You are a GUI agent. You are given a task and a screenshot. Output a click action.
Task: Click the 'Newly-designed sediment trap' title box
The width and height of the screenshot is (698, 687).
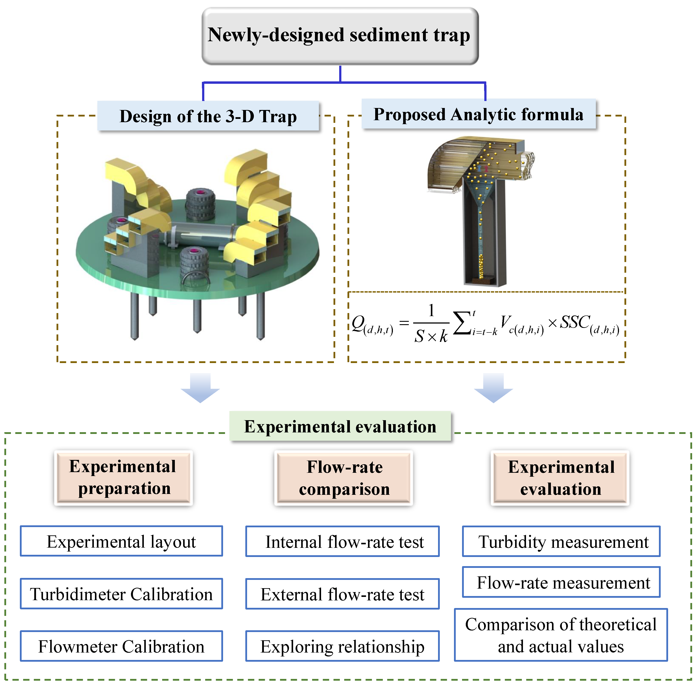tap(340, 36)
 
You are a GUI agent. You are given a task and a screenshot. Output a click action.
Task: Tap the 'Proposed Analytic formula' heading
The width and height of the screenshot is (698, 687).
tap(478, 114)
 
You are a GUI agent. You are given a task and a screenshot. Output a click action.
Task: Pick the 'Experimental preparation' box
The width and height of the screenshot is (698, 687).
tap(123, 477)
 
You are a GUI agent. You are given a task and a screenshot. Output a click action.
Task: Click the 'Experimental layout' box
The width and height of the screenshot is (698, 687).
tap(121, 541)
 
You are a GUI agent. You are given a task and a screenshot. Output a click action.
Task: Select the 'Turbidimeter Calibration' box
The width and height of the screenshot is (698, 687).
tap(121, 594)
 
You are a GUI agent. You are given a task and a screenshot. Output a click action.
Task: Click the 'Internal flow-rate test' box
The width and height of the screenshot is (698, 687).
tap(342, 541)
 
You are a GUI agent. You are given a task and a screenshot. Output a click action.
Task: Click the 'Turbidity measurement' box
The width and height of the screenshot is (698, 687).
tap(561, 541)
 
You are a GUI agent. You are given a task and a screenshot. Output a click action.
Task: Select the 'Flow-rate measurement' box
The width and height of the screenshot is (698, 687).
tap(561, 582)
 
